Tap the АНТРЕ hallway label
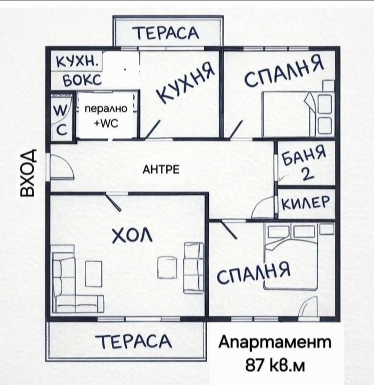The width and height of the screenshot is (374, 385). [161, 169]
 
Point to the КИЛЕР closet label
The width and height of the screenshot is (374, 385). [306, 202]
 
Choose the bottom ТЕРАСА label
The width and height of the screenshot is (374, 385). [134, 342]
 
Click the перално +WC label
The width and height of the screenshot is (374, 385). [106, 117]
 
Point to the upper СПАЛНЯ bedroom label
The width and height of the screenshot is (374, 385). [283, 72]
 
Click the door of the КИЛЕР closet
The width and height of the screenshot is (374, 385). [262, 208]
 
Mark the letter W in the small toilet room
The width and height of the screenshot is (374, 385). [60, 111]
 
